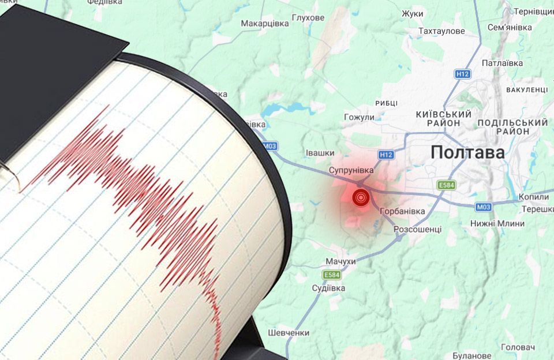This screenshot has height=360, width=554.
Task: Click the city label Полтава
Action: [467, 152]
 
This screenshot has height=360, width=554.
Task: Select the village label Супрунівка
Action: [351, 170]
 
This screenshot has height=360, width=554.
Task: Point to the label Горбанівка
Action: [403, 211]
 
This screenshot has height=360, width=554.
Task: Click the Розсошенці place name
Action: [417, 229]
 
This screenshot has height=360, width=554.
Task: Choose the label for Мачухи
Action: [340, 262]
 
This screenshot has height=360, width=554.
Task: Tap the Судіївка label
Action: [328, 288]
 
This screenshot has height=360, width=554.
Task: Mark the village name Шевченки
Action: [289, 333]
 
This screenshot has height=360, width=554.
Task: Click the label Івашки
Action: [320, 152]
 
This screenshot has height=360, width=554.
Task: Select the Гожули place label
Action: [359, 117]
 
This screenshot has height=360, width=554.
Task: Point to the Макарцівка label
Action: [264, 23]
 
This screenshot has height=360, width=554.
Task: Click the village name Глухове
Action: [308, 18]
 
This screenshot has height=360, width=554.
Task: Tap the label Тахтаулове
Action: [441, 31]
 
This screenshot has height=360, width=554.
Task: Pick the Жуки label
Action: [413, 13]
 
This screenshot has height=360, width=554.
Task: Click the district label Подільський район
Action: [512, 127]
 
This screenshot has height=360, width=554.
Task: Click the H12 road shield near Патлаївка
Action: [463, 74]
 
